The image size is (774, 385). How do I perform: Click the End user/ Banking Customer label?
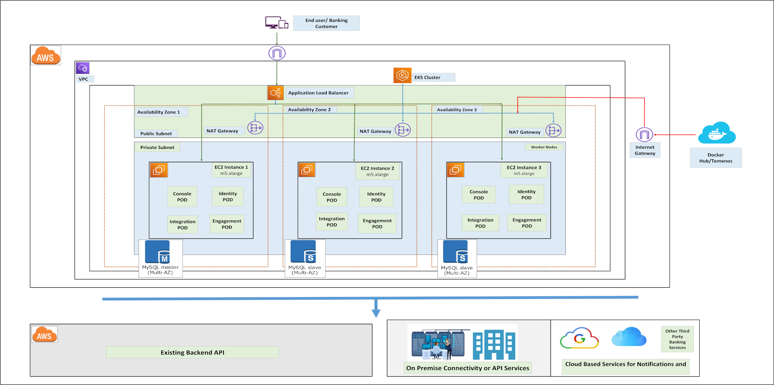tap(326, 23)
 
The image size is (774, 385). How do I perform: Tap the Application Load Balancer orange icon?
tap(275, 93)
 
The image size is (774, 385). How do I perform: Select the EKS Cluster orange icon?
tap(402, 76)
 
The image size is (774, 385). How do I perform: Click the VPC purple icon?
tap(82, 68)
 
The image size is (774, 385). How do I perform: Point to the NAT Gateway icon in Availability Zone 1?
tap(255, 128)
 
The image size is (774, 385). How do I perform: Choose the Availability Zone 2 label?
tap(309, 110)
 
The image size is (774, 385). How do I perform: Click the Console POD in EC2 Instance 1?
tap(182, 197)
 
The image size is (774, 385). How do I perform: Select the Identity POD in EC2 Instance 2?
tap(376, 197)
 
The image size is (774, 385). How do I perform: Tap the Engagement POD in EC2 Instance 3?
tap(527, 223)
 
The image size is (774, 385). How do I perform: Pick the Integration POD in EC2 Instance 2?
tap(332, 222)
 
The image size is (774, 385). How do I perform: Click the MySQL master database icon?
tap(158, 252)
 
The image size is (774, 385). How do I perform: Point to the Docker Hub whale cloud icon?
tap(717, 133)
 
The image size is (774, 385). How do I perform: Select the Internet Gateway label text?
tap(645, 150)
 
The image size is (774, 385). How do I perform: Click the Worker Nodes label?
tap(544, 147)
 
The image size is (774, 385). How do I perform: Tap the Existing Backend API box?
tap(192, 352)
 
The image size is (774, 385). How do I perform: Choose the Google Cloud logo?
tap(579, 338)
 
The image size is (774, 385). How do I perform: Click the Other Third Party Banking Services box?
tap(677, 339)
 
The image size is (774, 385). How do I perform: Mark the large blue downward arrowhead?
tap(376, 313)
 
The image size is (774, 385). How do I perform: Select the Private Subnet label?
tap(157, 147)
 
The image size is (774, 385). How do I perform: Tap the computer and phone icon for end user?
tap(277, 23)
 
